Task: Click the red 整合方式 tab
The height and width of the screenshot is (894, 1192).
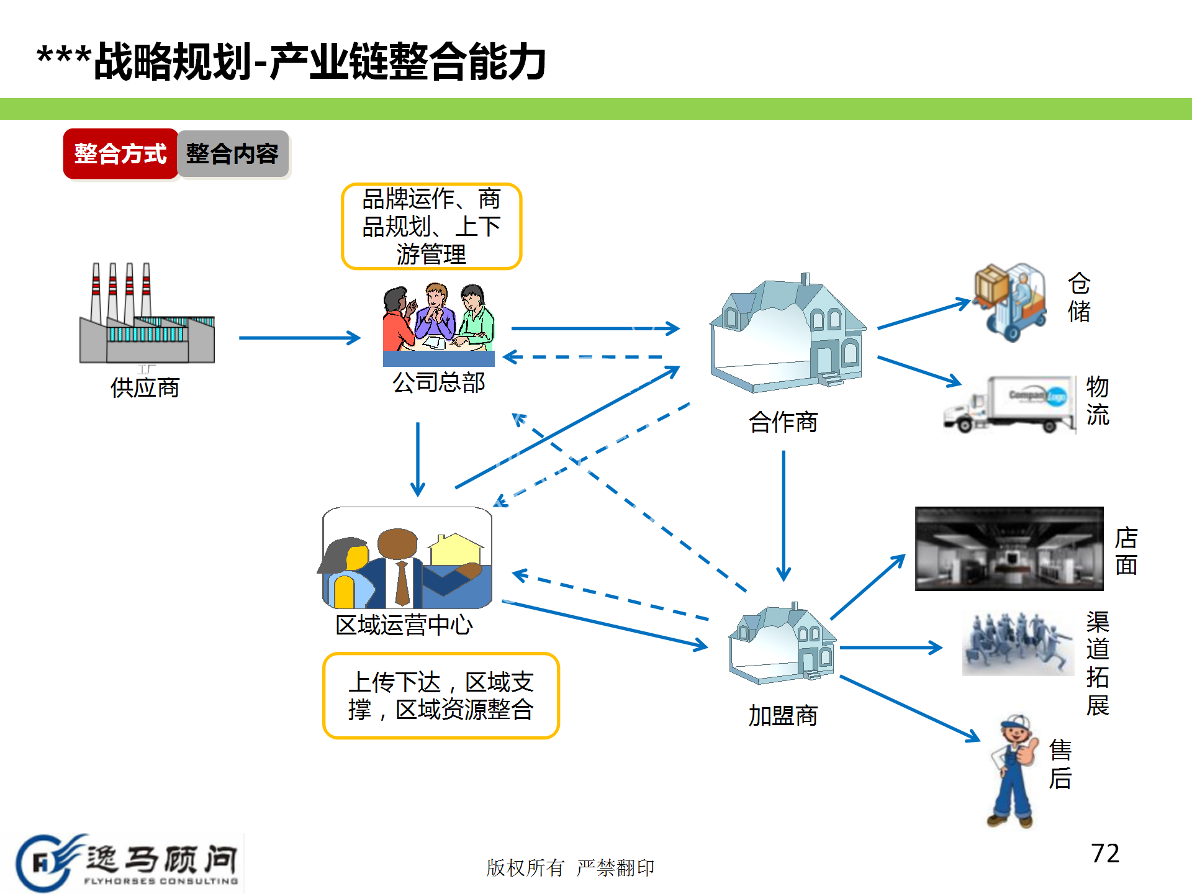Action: point(120,154)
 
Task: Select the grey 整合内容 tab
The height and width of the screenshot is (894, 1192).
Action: point(232,154)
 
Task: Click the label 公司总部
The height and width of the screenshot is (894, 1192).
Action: point(438,382)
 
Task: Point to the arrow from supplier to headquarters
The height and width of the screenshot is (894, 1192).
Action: point(299,338)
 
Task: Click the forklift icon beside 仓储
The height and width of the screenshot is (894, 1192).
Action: point(1011,302)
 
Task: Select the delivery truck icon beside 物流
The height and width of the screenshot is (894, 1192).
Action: point(1009,404)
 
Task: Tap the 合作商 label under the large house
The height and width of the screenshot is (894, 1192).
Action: point(783,422)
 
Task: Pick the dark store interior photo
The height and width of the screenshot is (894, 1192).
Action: point(1009,548)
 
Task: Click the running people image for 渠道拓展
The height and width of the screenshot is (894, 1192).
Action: point(1018,643)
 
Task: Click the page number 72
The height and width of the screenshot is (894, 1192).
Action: point(1105,854)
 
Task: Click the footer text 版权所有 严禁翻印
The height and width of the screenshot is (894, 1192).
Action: point(570,867)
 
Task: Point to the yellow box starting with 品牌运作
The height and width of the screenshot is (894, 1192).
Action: point(431,227)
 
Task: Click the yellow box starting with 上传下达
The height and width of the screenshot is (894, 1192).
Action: point(441,696)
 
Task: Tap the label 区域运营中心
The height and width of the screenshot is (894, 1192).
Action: point(404,625)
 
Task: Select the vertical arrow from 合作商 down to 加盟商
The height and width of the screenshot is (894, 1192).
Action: point(783,515)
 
